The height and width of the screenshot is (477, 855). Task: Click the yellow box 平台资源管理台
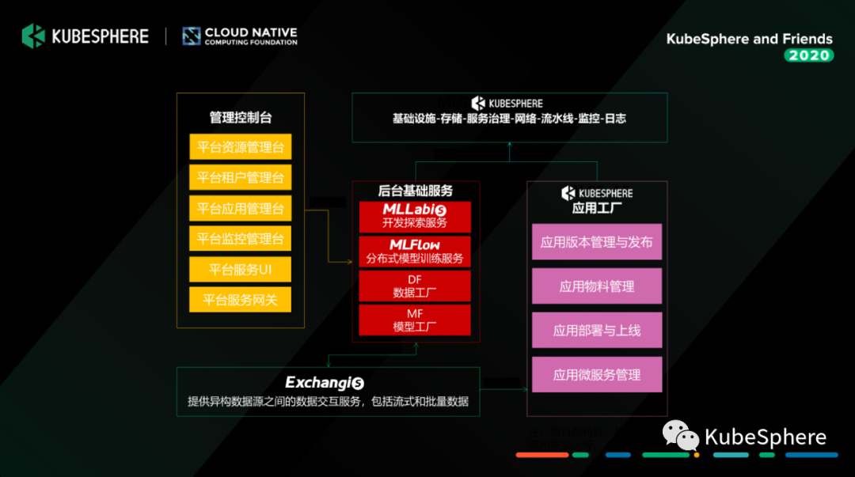coord(241,147)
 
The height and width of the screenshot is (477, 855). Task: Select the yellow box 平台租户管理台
coord(241,178)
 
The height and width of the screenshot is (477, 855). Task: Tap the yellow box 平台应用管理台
coord(241,209)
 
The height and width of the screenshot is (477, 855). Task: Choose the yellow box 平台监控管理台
coord(241,239)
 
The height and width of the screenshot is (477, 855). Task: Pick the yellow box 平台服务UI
coord(241,270)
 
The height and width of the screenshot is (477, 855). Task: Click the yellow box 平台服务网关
coord(241,300)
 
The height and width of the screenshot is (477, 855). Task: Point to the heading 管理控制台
coord(241,117)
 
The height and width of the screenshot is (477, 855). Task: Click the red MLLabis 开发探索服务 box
coord(415,216)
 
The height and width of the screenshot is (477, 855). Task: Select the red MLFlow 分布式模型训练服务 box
coord(415,252)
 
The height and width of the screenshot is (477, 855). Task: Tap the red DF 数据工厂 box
coord(415,286)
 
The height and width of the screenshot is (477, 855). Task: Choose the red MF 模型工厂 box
coord(415,320)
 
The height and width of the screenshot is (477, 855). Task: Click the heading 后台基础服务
coord(415,191)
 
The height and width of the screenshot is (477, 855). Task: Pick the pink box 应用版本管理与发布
coord(596,242)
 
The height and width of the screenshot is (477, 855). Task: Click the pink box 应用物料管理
coord(596,286)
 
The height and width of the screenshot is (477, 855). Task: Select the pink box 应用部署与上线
coord(596,331)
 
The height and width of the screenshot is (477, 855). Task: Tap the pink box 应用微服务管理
coord(596,375)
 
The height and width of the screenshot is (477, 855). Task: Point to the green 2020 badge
coord(808,55)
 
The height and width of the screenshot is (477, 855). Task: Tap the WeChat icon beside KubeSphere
coord(680,435)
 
